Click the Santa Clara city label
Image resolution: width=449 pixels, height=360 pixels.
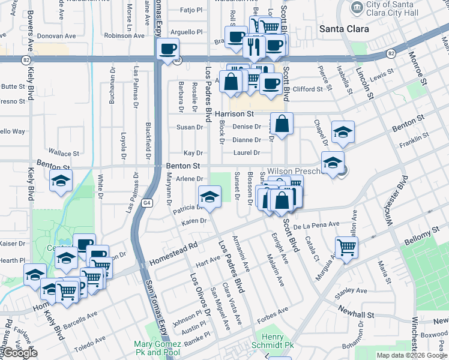pyautogui.click(x=345, y=28)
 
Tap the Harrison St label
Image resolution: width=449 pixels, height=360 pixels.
pyautogui.click(x=235, y=113)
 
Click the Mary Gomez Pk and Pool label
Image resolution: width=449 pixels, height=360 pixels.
pyautogui.click(x=157, y=348)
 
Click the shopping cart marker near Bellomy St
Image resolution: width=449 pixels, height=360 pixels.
pyautogui.click(x=346, y=246)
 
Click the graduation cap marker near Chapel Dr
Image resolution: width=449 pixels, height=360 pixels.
pyautogui.click(x=343, y=132)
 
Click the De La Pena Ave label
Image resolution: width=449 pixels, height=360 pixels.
pyautogui.click(x=317, y=225)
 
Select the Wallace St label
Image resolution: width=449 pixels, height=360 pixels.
pyautogui.click(x=64, y=154)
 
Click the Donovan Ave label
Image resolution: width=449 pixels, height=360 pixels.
pyautogui.click(x=56, y=36)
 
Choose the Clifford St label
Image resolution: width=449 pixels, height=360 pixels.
pyautogui.click(x=307, y=89)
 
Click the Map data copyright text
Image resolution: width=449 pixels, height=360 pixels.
pyautogui.click(x=412, y=355)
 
